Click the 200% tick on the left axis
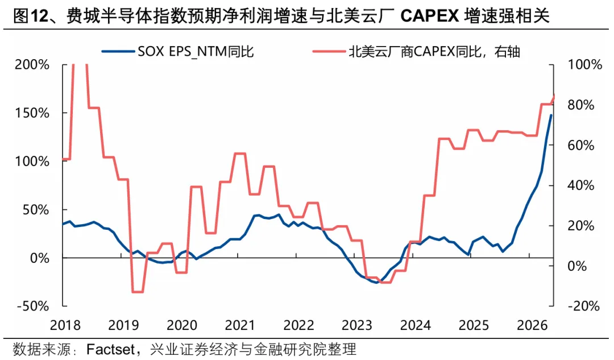point(32,65)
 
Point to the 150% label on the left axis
point(32,113)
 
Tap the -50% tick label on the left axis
point(33,306)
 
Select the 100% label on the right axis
point(585,65)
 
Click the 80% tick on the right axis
point(581,105)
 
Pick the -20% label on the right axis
point(583,306)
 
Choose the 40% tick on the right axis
point(581,185)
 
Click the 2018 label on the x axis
point(65,325)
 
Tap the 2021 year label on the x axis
point(240,325)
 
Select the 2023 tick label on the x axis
point(356,325)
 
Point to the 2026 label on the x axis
point(532,325)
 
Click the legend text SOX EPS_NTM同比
point(196,52)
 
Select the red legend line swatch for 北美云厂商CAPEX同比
point(329,51)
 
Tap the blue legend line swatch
point(118,51)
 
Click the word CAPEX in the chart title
point(430,16)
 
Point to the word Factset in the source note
point(111,349)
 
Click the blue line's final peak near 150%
point(551,115)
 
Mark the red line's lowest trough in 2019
point(138,292)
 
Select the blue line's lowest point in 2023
point(376,283)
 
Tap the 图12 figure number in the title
point(30,16)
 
